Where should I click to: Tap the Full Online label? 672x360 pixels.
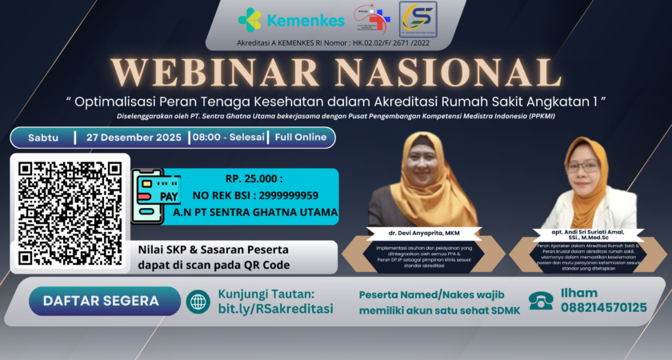point(301,137)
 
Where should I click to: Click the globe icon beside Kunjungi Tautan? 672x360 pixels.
point(197,302)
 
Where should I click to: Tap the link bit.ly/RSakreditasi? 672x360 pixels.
point(275,309)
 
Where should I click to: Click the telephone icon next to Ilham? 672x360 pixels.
point(540,301)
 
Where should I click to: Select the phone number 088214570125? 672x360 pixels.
point(603,308)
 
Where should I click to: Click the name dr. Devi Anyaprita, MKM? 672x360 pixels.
point(424,233)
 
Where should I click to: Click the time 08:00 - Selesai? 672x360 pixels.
point(230,137)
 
